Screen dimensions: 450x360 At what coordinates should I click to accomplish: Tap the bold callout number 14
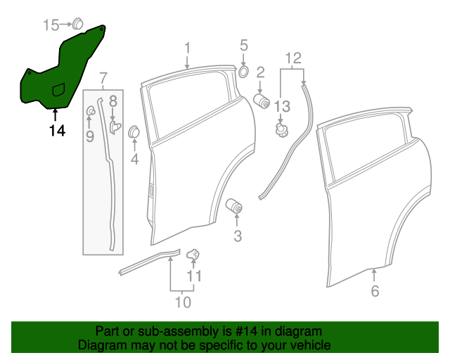pos(57,131)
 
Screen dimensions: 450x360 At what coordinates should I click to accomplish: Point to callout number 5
pos(244,46)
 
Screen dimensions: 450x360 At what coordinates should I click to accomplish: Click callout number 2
pos(260,72)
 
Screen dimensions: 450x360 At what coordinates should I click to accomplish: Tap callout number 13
pos(281,107)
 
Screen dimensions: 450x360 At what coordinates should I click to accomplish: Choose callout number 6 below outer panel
pos(375,291)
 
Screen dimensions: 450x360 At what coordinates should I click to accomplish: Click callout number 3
pos(237,235)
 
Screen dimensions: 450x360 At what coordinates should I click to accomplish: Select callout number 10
pos(182,303)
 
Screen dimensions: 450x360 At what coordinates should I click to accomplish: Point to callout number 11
pos(194,276)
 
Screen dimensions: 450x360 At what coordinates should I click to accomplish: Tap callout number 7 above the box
pos(103,77)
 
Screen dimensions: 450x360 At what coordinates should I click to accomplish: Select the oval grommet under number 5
pos(244,72)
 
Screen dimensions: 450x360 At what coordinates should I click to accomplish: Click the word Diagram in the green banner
pos(100,346)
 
